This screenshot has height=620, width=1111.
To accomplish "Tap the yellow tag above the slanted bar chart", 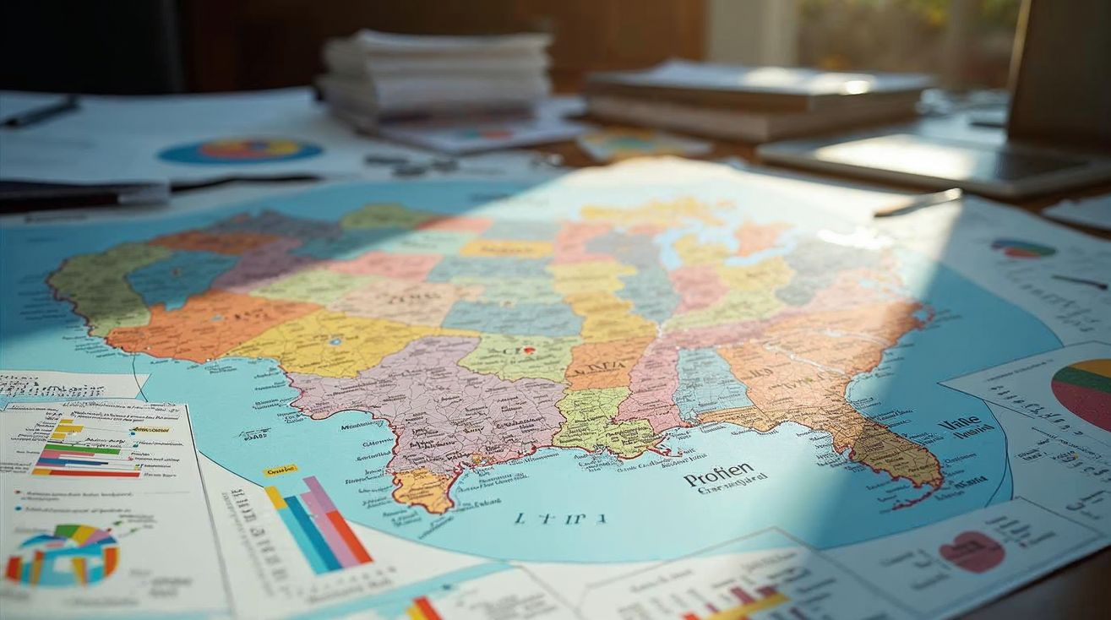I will [x=279, y=470].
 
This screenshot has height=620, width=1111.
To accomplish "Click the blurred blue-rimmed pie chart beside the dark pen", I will [x=241, y=151].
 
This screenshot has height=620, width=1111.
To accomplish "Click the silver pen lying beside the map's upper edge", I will [x=918, y=203].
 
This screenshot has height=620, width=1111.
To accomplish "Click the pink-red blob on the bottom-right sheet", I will [x=972, y=552].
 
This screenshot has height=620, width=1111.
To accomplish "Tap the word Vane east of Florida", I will [x=959, y=422].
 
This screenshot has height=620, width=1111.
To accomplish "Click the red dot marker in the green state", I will [x=529, y=349].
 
